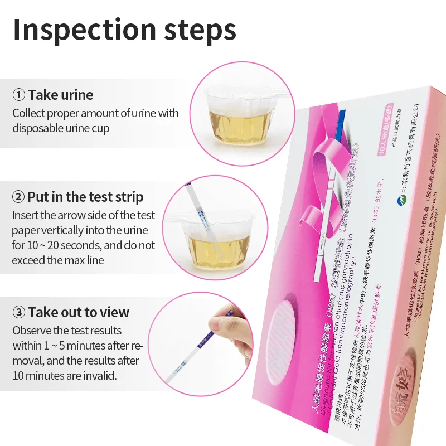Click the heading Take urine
(61, 95)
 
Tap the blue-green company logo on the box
(401, 204)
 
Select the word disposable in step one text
(39, 128)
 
